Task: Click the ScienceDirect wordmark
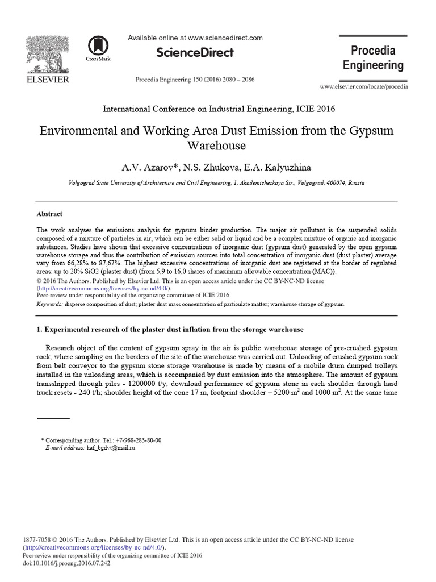[195, 53]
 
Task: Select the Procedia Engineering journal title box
[373, 57]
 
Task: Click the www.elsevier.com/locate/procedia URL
[364, 86]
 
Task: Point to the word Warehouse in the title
[216, 145]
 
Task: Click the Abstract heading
[49, 214]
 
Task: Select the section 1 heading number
[39, 330]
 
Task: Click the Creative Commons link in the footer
[94, 547]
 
